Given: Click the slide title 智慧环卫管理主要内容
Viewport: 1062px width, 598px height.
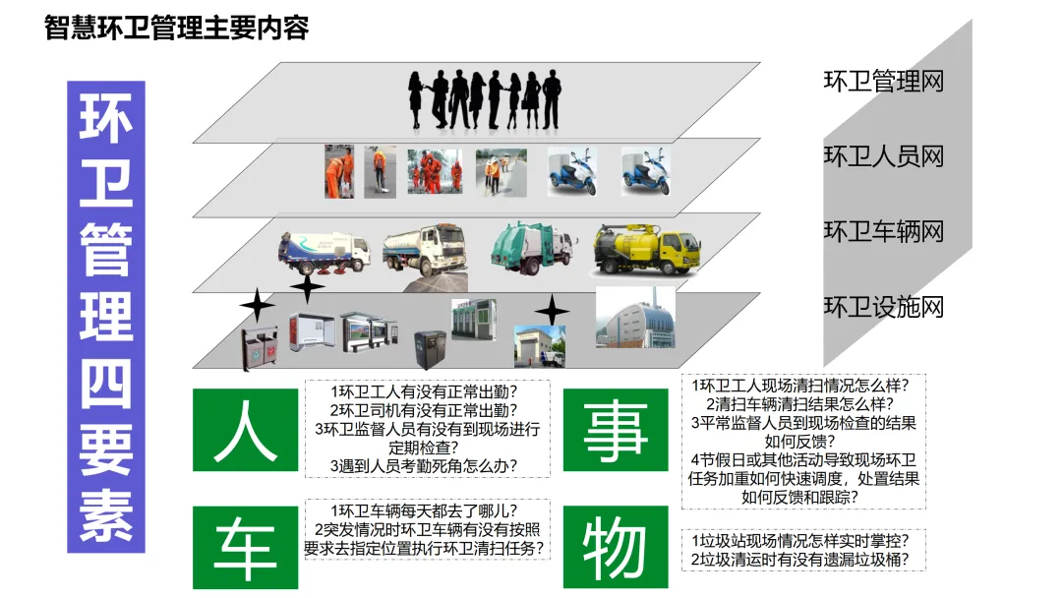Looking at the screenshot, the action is [177, 28].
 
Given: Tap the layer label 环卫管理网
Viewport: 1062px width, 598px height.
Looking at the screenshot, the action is [883, 81].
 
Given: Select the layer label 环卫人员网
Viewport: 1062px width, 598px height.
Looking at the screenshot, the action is [883, 155].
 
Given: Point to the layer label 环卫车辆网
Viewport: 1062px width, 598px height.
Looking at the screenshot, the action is [883, 231].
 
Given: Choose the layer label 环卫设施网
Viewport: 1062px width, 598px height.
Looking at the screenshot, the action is [883, 307].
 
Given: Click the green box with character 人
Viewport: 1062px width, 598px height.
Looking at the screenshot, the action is [245, 430].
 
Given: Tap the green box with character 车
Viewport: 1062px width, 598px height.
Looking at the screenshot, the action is [245, 548].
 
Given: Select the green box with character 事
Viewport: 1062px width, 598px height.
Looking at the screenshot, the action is [615, 430].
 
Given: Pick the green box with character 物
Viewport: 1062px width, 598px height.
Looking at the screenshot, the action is [615, 548].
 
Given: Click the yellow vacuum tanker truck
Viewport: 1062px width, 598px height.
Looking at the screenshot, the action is [646, 249].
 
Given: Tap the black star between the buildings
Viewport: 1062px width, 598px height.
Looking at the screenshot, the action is [552, 311].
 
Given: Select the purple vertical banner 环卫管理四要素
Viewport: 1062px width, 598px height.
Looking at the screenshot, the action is [106, 316].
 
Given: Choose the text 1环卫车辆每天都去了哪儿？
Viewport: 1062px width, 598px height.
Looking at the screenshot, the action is [425, 510].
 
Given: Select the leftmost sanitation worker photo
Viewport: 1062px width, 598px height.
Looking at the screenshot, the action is [339, 171].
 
